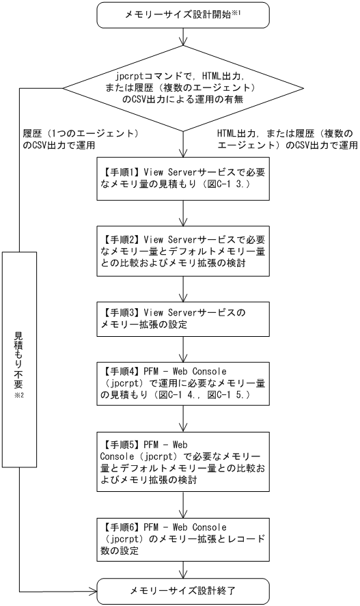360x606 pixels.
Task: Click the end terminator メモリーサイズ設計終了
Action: coord(183,590)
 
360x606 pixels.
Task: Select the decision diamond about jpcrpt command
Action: coord(183,89)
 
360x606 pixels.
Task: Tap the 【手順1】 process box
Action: coord(183,180)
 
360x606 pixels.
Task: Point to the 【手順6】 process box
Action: coord(183,537)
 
